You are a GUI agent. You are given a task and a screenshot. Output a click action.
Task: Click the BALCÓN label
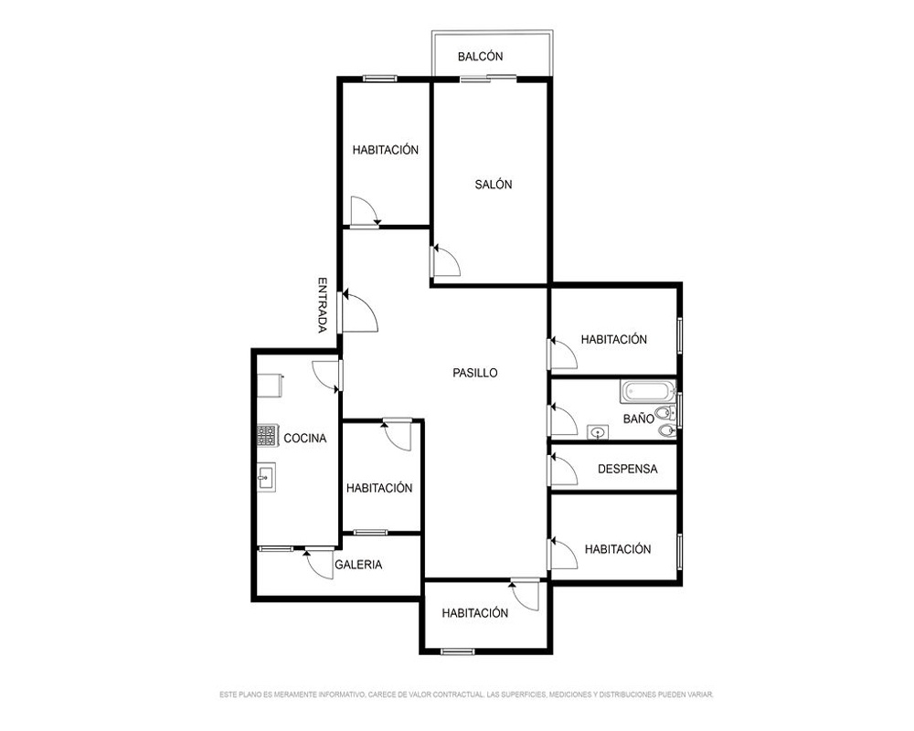[481, 57]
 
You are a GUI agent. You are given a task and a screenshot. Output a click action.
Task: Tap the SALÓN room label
[494, 185]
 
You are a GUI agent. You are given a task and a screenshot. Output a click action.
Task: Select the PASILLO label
[475, 373]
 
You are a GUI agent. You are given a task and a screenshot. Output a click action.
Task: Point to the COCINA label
[305, 439]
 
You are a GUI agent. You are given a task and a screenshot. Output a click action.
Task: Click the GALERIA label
[358, 565]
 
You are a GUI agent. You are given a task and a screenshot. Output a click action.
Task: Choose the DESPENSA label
[627, 469]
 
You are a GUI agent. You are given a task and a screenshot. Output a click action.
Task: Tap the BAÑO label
[638, 418]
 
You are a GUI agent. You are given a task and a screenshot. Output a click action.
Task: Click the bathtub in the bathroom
[648, 391]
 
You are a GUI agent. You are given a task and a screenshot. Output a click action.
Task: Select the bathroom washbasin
[598, 432]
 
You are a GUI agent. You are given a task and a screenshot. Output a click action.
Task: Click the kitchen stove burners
[266, 436]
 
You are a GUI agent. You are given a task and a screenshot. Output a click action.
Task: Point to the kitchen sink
[266, 477]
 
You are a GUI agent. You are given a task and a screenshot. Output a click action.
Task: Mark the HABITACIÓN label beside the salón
[386, 150]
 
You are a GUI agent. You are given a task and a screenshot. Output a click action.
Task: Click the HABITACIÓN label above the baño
[614, 339]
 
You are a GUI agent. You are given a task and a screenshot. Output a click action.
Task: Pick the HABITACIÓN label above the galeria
[379, 488]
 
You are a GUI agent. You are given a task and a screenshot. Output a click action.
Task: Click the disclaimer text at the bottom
[466, 694]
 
